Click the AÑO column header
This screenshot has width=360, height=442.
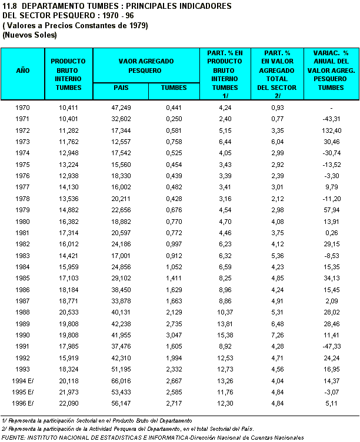(x=22, y=70)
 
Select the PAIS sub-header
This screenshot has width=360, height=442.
(x=120, y=88)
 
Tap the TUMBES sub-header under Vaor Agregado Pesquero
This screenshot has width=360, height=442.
(x=173, y=88)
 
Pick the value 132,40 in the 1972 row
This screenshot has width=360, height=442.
(x=332, y=130)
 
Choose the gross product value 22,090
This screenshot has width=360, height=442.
(x=68, y=404)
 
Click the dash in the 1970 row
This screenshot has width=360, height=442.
(x=332, y=108)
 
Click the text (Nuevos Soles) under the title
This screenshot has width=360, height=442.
(x=29, y=35)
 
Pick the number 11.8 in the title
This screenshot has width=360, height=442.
(x=11, y=5)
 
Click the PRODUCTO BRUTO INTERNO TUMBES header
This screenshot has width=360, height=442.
(x=68, y=74)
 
